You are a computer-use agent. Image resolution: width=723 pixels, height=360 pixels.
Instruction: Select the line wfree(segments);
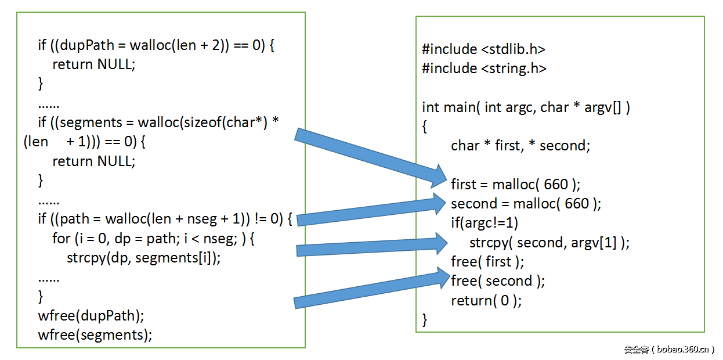coord(95,334)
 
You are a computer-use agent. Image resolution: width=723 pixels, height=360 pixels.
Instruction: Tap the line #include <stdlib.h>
coord(484,49)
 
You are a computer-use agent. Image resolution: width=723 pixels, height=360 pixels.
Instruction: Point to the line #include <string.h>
coord(484,69)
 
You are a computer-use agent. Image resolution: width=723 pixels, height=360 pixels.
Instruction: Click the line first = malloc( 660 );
coord(515,185)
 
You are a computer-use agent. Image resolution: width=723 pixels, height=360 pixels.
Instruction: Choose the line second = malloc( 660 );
coord(526,204)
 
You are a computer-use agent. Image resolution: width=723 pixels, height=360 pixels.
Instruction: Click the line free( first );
coord(487,261)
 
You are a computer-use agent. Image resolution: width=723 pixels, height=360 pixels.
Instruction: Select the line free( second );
coord(498,281)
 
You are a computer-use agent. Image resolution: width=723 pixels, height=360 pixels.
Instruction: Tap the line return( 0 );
coord(486,300)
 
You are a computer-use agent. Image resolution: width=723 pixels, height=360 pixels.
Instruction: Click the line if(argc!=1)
coord(485,223)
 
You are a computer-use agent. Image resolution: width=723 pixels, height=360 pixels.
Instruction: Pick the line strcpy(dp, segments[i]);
coord(144,258)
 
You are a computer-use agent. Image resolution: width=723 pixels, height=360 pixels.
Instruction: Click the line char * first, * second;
coord(520,146)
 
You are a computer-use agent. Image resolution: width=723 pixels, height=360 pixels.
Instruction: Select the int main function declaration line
coord(526,107)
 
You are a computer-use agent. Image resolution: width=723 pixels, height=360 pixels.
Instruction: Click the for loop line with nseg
coord(154,238)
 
